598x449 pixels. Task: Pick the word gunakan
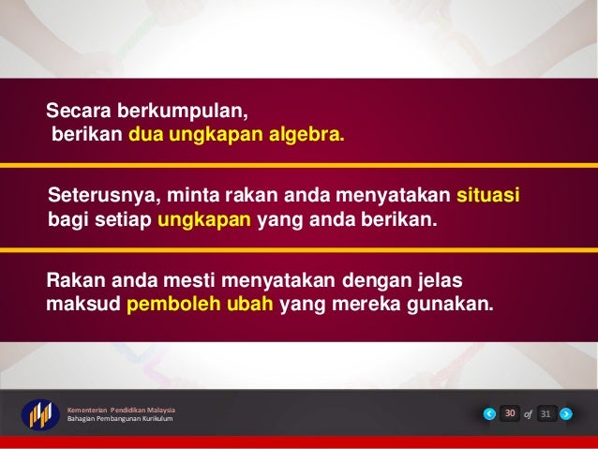(448, 306)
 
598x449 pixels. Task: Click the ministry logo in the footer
(40, 415)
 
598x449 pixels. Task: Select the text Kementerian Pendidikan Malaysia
(121, 410)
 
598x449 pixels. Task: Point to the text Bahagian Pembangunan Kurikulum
(119, 419)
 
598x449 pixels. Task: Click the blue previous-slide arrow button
(489, 413)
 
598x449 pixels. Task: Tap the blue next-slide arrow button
(565, 413)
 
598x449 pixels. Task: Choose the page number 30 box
(510, 413)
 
